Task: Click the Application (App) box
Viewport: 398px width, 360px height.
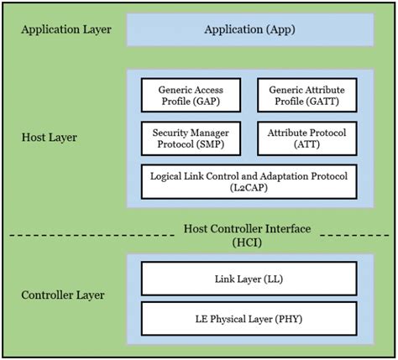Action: coord(250,29)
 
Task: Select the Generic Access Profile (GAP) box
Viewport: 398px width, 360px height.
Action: coord(191,95)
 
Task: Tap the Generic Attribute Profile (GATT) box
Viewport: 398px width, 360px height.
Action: coord(307,95)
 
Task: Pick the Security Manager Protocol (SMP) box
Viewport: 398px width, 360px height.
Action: coord(191,138)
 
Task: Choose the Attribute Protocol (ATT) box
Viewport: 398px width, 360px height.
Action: coord(307,138)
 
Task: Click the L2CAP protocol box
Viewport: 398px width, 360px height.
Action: coord(249,181)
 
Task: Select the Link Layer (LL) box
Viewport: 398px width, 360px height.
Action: coord(249,279)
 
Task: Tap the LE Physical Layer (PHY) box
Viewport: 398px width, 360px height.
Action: coord(249,319)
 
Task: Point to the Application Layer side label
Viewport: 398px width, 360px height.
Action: coord(66,29)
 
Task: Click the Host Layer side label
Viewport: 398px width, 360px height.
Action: coord(50,138)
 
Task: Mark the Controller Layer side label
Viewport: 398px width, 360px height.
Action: coord(63,295)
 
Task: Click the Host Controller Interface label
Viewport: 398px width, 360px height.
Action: coord(247,229)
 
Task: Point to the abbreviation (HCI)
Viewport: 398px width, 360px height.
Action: coord(247,243)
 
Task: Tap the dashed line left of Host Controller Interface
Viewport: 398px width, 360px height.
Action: coord(92,236)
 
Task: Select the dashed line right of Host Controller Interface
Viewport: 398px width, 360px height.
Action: coord(354,236)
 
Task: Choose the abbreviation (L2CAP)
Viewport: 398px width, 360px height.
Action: coord(249,188)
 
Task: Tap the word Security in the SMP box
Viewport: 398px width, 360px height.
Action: coord(168,133)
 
